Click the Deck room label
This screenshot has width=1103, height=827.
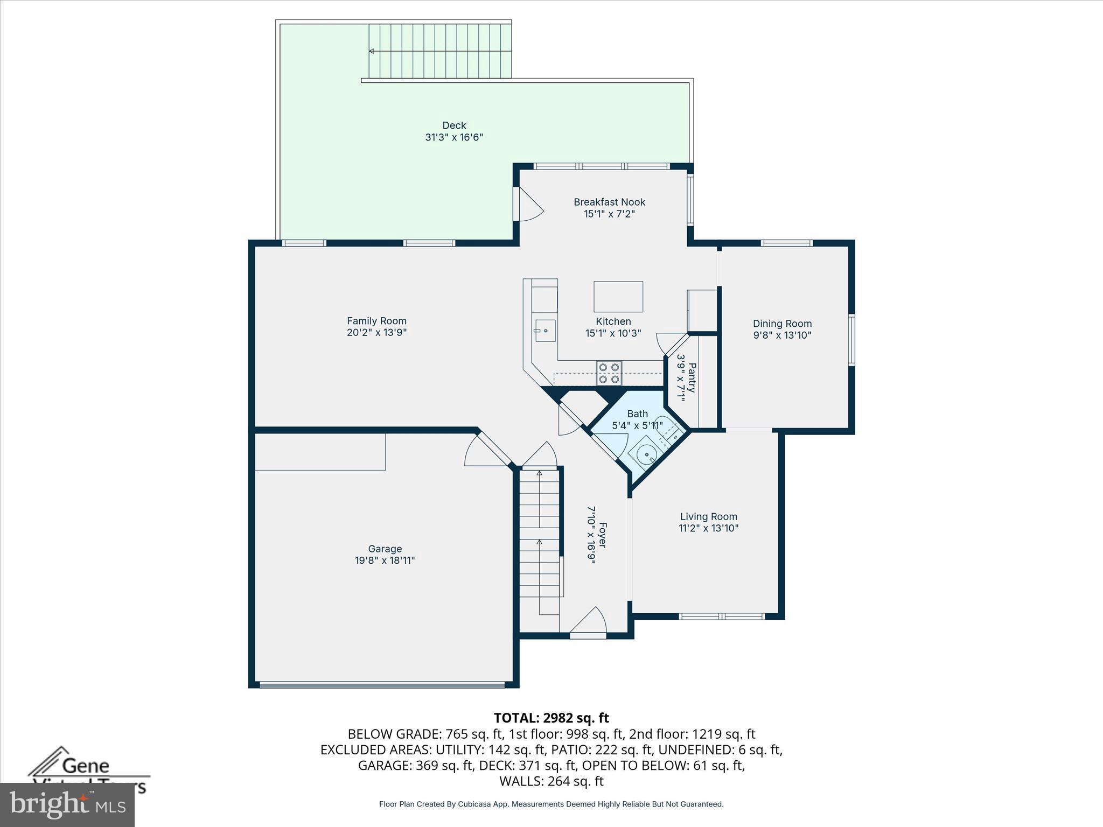click(x=454, y=125)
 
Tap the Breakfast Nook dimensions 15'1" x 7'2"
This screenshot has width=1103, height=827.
click(x=609, y=214)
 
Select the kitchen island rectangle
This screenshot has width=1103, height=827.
click(x=618, y=296)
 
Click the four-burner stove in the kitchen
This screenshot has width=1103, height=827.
click(x=609, y=373)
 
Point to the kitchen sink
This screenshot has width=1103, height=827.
click(x=545, y=331)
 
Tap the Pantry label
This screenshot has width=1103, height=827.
click(x=692, y=377)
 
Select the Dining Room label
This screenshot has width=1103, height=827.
click(x=782, y=324)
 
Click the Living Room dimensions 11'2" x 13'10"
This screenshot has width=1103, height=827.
click(x=708, y=528)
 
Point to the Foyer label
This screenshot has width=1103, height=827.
click(x=602, y=535)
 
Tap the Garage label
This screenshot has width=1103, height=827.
click(x=385, y=549)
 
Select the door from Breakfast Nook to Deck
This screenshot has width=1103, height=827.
click(x=528, y=205)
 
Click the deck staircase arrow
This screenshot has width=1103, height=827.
click(x=372, y=51)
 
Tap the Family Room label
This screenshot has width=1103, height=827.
click(x=376, y=321)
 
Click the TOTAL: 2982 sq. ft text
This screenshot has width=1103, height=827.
click(x=551, y=718)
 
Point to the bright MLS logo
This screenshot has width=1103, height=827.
click(x=67, y=804)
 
